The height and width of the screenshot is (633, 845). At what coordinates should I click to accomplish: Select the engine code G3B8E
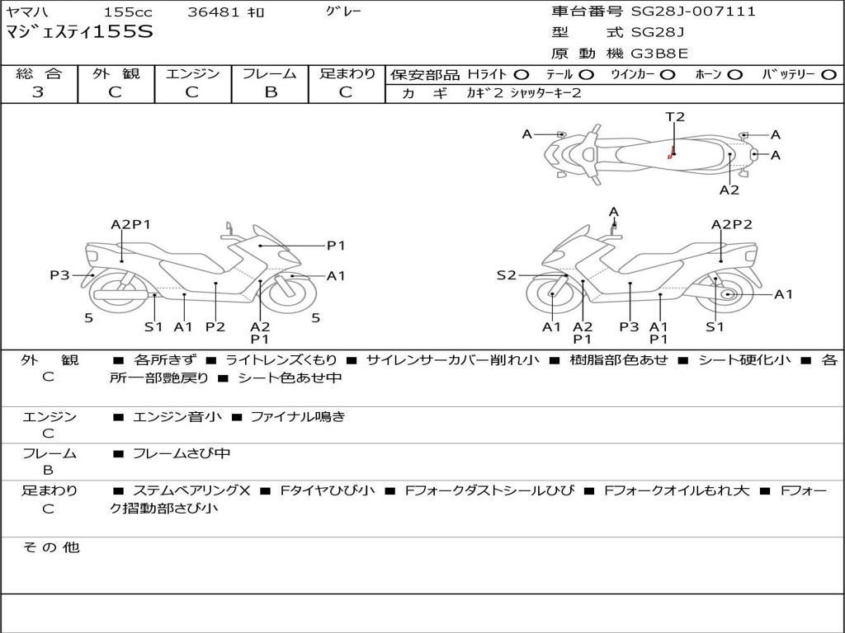coord(659,54)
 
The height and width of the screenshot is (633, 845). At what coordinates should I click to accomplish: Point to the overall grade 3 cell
coord(38,92)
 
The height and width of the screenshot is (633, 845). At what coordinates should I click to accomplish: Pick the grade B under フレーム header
coord(270,92)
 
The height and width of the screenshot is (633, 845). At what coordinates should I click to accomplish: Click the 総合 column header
coord(39,73)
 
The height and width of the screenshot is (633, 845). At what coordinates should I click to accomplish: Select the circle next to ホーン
coord(735,74)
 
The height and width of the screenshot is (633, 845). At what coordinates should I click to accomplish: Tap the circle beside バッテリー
coord(828,74)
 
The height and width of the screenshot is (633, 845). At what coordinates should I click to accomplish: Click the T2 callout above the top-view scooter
coord(675,117)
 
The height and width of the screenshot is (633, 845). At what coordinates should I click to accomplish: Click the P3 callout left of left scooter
coord(59,275)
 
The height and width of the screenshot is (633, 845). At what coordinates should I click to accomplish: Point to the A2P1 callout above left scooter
coord(130,224)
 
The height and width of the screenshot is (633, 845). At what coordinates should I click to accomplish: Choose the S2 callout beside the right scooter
coord(506,275)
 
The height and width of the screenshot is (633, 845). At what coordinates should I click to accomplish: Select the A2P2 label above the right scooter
coord(732,224)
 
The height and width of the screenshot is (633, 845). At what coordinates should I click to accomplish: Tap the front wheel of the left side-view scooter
coord(292,294)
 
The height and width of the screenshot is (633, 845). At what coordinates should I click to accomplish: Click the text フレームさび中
coord(182,453)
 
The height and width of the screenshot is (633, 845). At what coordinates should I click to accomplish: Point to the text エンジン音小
coord(177,417)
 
